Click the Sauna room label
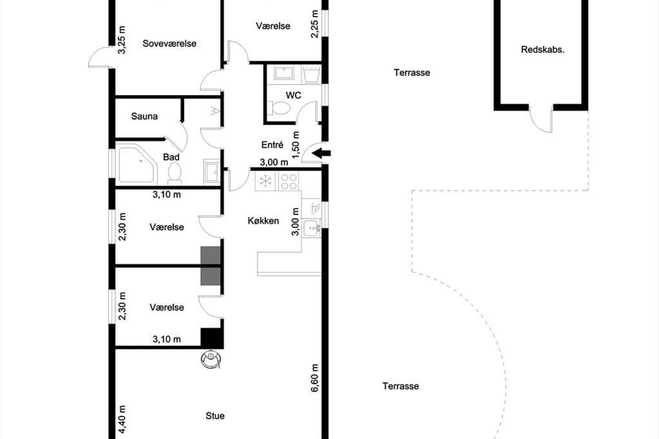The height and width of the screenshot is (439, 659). click(x=144, y=116)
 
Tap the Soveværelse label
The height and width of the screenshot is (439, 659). click(x=170, y=43)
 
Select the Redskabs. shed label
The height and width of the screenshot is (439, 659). click(x=543, y=50)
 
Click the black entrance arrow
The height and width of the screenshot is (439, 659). click(x=321, y=153)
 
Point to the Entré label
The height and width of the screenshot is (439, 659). click(x=272, y=145)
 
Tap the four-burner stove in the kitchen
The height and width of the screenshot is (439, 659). click(x=288, y=182)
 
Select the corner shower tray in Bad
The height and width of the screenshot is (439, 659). click(x=137, y=165)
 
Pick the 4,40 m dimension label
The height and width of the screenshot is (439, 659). click(x=122, y=419)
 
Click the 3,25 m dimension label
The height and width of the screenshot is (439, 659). click(x=121, y=40)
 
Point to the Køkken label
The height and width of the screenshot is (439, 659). click(x=263, y=221)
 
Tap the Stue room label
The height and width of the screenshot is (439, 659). click(x=215, y=416)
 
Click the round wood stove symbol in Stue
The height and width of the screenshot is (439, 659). click(x=211, y=359)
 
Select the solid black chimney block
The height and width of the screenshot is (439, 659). click(x=212, y=338)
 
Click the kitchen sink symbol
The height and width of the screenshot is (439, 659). click(x=311, y=228)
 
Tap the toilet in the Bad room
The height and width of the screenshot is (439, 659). click(x=174, y=174)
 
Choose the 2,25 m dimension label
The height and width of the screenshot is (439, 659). click(x=315, y=24)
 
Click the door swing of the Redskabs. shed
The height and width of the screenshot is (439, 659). click(x=541, y=119)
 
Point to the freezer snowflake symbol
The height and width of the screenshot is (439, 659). click(x=265, y=181)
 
